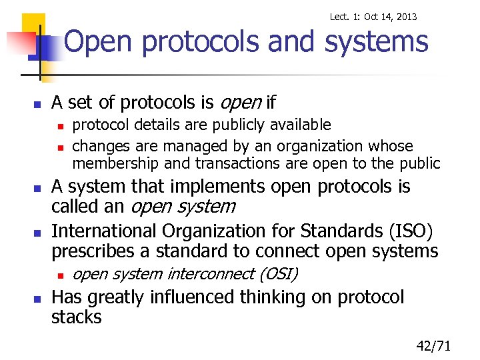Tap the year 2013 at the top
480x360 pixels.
pyautogui.click(x=405, y=17)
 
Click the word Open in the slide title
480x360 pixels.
pyautogui.click(x=99, y=42)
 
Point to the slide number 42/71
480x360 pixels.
pyautogui.click(x=433, y=345)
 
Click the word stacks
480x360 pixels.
pyautogui.click(x=77, y=317)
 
